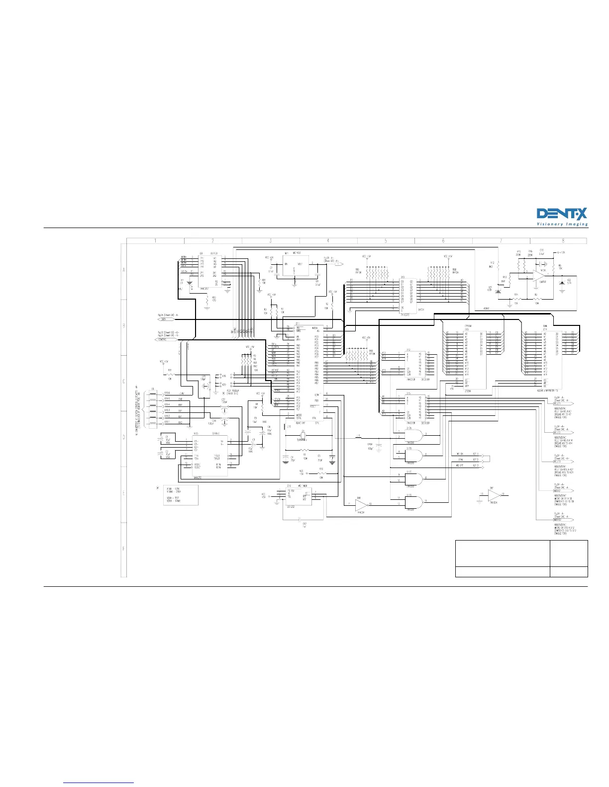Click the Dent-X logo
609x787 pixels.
(x=562, y=217)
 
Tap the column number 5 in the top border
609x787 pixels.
(x=386, y=241)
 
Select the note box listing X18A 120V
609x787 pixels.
(x=181, y=495)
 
